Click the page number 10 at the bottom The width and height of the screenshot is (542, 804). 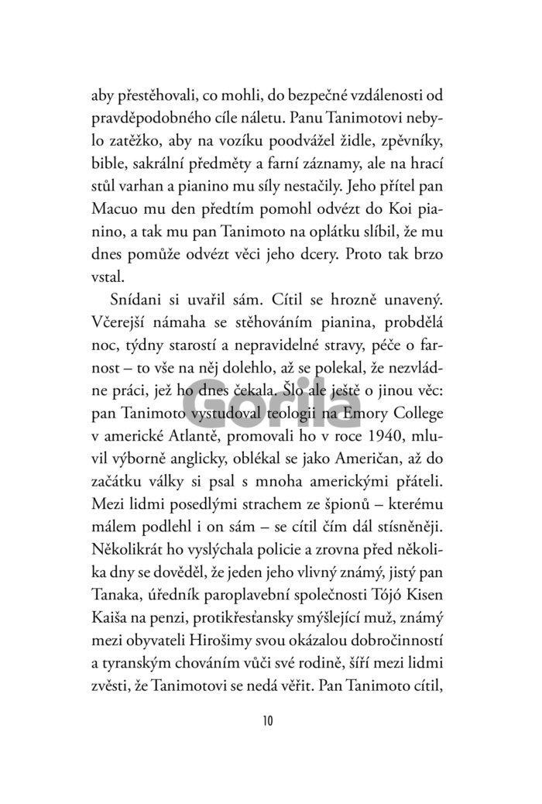point(268,721)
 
